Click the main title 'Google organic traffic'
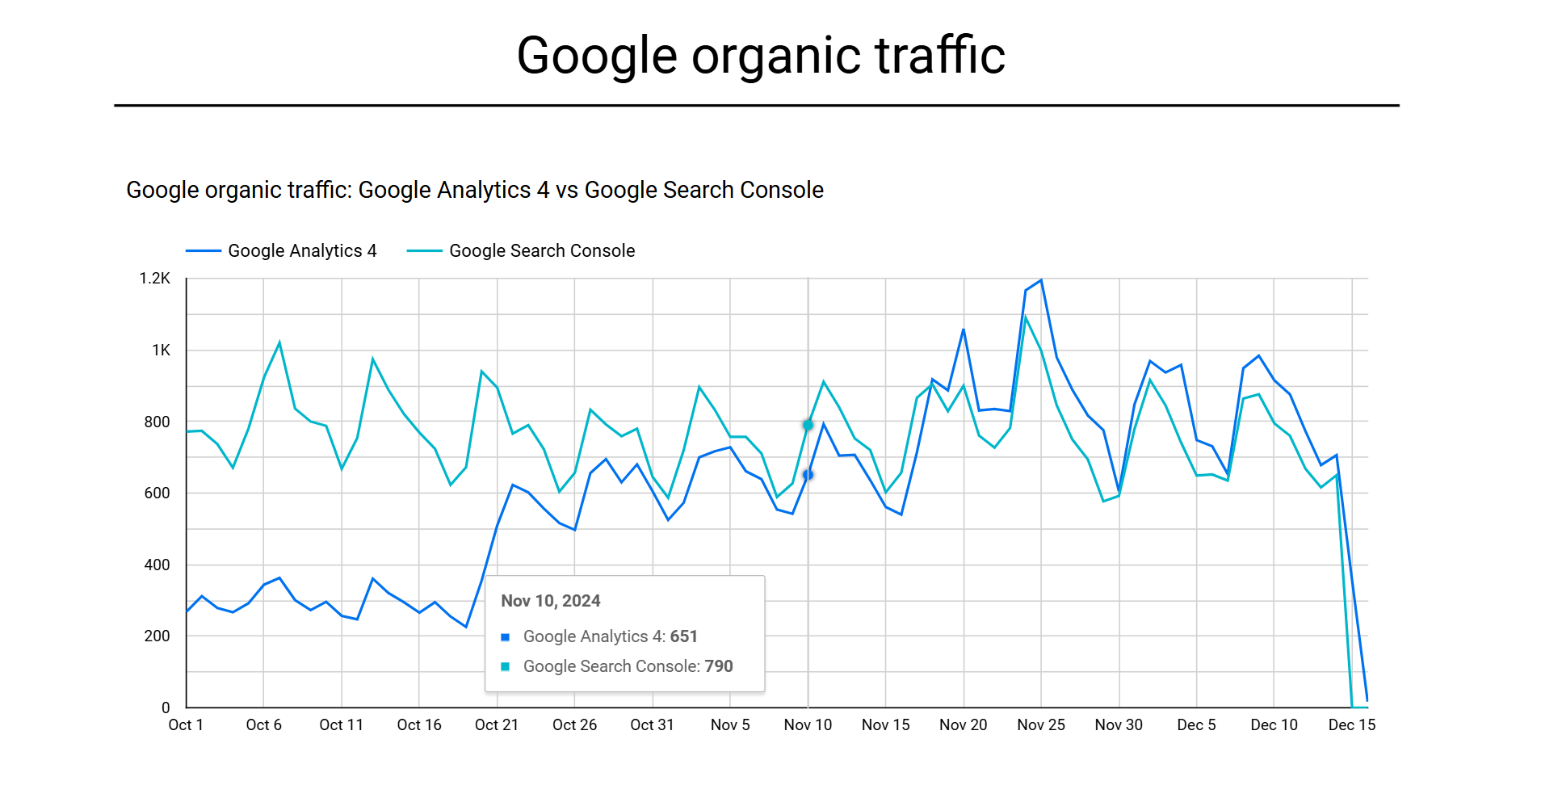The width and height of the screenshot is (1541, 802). [x=760, y=56]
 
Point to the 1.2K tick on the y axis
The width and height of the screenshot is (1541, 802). [x=154, y=279]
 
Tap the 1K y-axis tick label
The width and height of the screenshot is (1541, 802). [x=161, y=351]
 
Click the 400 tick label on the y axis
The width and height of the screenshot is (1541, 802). [x=157, y=565]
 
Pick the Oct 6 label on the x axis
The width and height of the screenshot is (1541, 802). [x=263, y=725]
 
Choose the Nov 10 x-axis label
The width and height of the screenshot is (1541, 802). [x=808, y=725]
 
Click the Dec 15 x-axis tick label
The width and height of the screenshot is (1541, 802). [x=1351, y=725]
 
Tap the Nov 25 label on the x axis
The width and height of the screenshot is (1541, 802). [x=1040, y=725]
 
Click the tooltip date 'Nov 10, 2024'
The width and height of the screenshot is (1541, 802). [x=551, y=601]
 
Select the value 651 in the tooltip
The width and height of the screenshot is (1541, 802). [x=683, y=636]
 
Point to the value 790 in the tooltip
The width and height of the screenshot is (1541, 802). [x=718, y=666]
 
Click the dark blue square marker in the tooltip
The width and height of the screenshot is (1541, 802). [x=506, y=637]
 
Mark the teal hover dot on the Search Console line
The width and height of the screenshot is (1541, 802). [x=808, y=425]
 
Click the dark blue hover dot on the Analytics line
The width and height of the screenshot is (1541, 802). [x=808, y=475]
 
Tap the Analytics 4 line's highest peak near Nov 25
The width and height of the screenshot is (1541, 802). [x=1041, y=280]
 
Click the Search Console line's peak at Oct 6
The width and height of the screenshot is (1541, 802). [x=279, y=343]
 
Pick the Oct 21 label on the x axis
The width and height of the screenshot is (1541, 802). [x=496, y=725]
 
